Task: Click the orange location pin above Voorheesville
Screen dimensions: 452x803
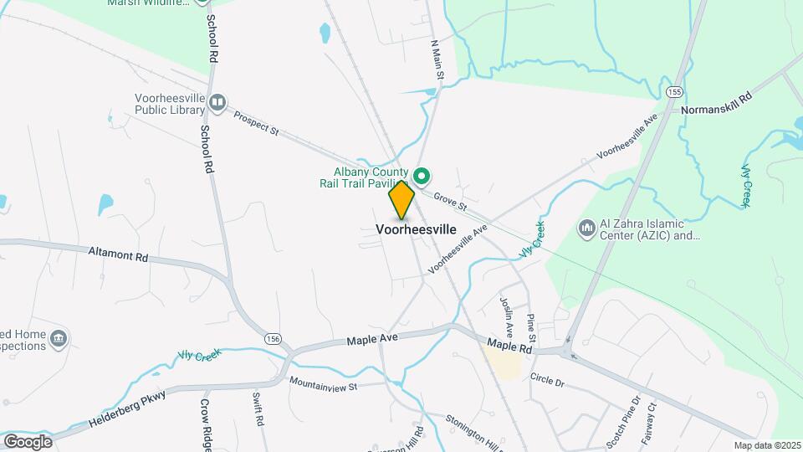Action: coord(402,199)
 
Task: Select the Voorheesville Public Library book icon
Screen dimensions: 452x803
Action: coord(218,102)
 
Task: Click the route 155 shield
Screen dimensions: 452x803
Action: coord(675,90)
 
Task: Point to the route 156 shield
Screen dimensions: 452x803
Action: coord(272,338)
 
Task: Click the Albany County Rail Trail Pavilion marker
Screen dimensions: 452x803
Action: coord(422,176)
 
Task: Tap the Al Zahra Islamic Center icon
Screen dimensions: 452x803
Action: coord(586,228)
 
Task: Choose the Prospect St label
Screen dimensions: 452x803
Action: coord(255,123)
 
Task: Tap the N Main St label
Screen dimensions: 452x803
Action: coord(437,59)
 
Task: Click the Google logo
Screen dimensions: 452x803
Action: coord(28,441)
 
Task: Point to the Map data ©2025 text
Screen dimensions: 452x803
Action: coord(767,445)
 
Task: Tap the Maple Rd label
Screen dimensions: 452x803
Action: coord(509,345)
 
